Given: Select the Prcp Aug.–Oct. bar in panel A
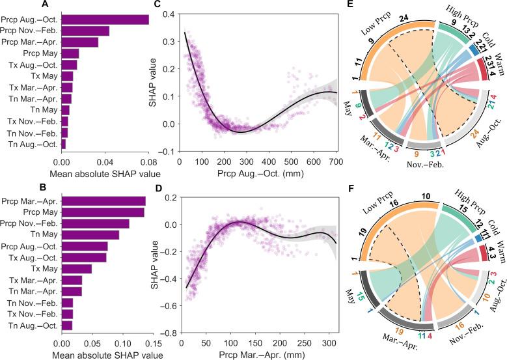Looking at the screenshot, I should pos(105,20).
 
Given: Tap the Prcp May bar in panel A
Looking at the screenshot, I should pos(70,53).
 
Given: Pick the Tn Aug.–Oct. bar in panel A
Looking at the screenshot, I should pos(63,143).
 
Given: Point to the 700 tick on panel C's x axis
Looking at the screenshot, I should pos(448,161).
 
